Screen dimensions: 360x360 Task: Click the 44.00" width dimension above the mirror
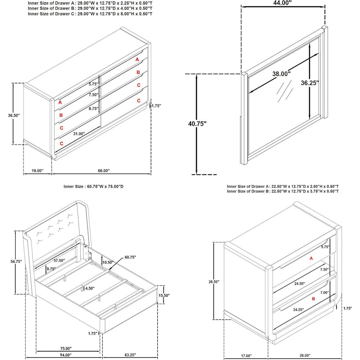(282, 3)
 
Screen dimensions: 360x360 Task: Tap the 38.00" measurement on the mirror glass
(281, 74)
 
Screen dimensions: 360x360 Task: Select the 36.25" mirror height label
(310, 83)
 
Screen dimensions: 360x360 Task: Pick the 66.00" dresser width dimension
(103, 171)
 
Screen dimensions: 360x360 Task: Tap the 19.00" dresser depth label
(37, 171)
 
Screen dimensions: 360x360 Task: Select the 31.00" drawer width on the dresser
(79, 133)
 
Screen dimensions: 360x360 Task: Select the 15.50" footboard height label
(164, 296)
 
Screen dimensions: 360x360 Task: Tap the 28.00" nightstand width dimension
(304, 355)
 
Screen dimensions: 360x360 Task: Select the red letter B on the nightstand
(313, 299)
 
